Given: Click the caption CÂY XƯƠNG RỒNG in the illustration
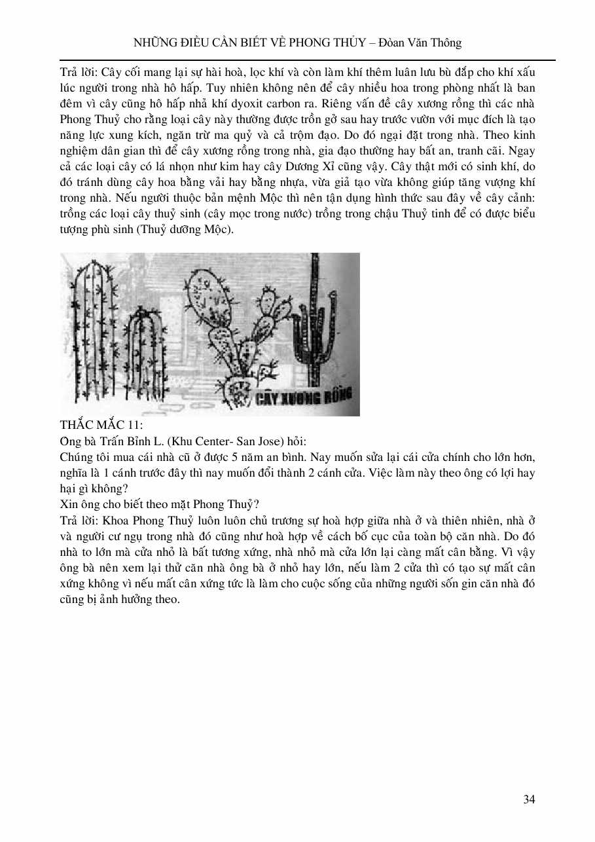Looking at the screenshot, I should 302,397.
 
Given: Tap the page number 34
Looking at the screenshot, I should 530,799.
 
